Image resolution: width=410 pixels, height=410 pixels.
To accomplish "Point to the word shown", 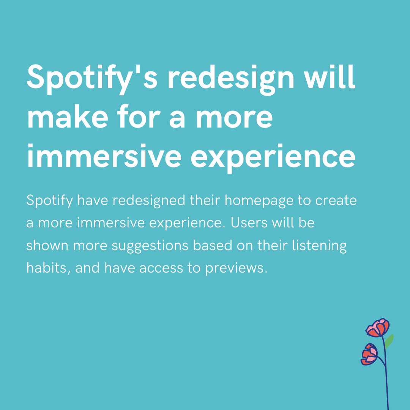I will pos(47,246).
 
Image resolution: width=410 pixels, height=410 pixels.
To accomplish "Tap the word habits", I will pos(48,268).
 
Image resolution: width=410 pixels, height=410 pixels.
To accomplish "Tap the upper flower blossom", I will pos(378,328).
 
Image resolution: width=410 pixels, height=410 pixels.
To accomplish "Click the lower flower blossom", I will pos(369,354).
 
